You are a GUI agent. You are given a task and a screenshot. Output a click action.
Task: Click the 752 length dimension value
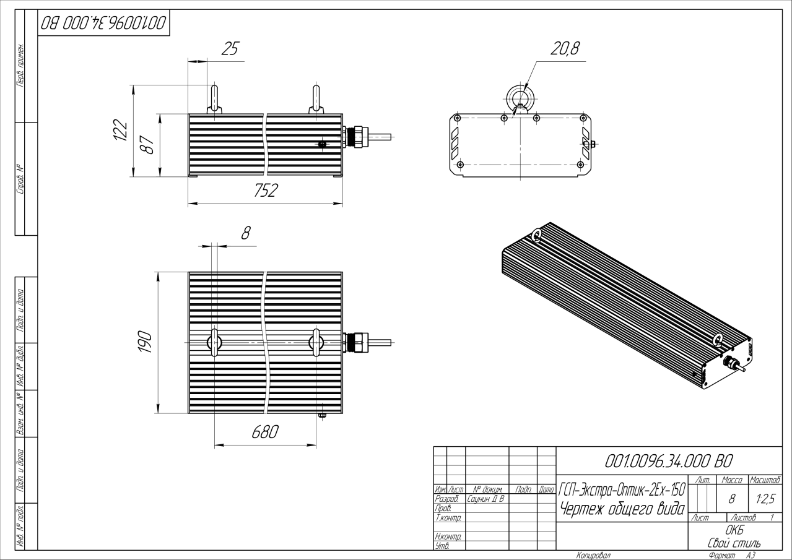tap(266, 191)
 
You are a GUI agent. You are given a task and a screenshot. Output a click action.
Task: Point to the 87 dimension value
tap(148, 146)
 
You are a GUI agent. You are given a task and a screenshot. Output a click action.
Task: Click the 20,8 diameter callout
tap(565, 48)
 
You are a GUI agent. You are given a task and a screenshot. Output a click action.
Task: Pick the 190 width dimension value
tap(145, 342)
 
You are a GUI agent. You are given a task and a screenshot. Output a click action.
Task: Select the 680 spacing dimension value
tap(264, 432)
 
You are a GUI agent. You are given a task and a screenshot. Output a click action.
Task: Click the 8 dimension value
tap(245, 233)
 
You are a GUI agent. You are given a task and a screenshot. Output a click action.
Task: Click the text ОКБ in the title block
tap(734, 531)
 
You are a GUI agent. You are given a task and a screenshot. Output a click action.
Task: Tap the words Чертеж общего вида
tap(621, 509)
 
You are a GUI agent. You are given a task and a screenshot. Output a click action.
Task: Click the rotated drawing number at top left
tap(103, 24)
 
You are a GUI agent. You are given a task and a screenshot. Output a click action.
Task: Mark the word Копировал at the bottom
tap(593, 555)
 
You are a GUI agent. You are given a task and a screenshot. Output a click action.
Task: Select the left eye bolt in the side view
tap(214, 99)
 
